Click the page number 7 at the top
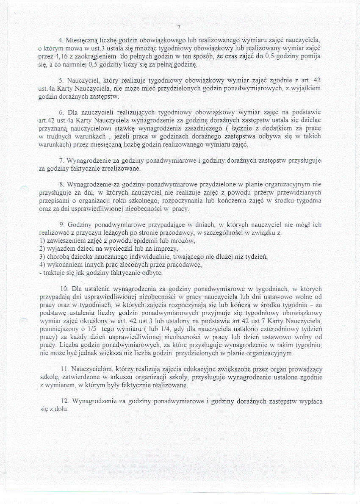pyautogui.click(x=179, y=27)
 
